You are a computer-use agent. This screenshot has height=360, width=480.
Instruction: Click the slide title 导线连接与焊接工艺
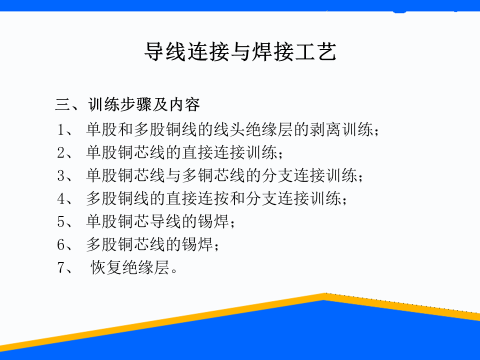pos(240,51)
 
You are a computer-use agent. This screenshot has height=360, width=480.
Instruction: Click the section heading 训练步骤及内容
pos(144,104)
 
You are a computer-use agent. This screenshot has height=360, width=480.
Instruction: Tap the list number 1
pos(60,129)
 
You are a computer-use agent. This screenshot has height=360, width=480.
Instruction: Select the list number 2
pos(61,152)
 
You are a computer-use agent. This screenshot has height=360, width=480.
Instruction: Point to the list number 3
pos(61,175)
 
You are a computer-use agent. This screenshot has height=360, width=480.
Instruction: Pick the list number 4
pos(61,198)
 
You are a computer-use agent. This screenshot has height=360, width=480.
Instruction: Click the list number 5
pos(61,221)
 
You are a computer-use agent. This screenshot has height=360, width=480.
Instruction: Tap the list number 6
pos(61,244)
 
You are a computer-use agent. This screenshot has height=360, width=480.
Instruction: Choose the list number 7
pos(61,267)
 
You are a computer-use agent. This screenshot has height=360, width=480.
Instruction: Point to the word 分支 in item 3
pos(277,175)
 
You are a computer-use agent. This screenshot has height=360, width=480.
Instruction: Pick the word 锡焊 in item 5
pos(213,221)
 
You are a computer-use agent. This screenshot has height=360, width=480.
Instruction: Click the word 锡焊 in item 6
pos(197,244)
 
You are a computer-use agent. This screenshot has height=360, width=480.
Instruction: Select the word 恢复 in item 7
pos(106,267)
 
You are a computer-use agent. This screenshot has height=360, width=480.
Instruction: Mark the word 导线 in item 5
pos(165,221)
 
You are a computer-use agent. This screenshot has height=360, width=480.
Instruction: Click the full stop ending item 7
pos(174,271)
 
